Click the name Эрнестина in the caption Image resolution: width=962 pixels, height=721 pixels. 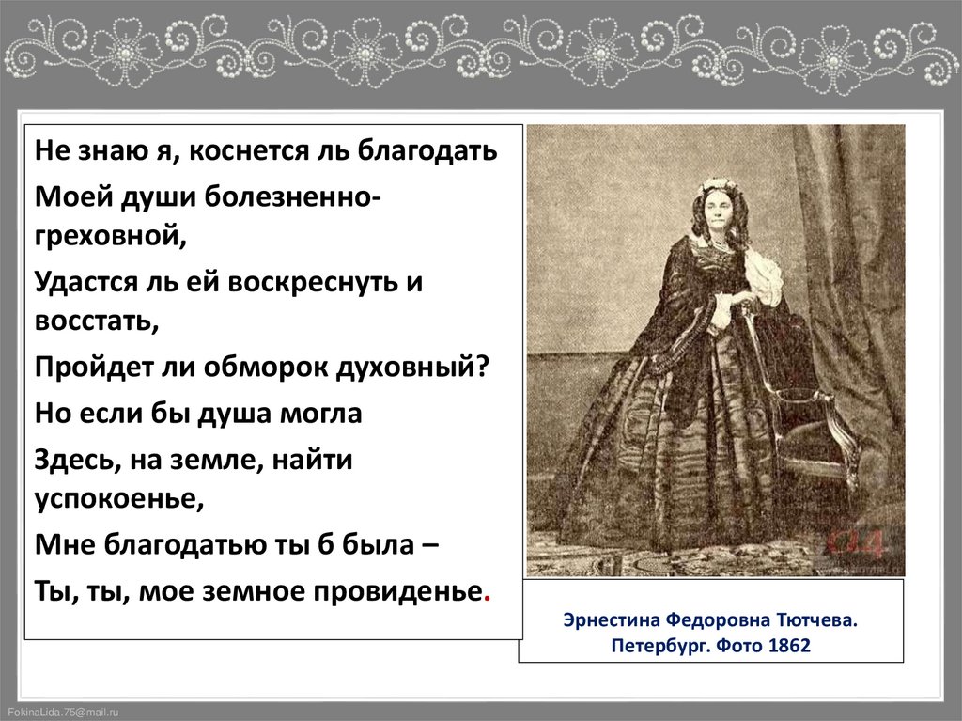coord(611,621)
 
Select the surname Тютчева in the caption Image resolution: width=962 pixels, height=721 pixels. coord(816,621)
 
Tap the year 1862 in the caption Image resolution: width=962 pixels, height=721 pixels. coord(788,648)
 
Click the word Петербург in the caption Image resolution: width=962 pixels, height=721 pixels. coord(659,648)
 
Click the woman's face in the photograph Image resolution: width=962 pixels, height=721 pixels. coord(717,208)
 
